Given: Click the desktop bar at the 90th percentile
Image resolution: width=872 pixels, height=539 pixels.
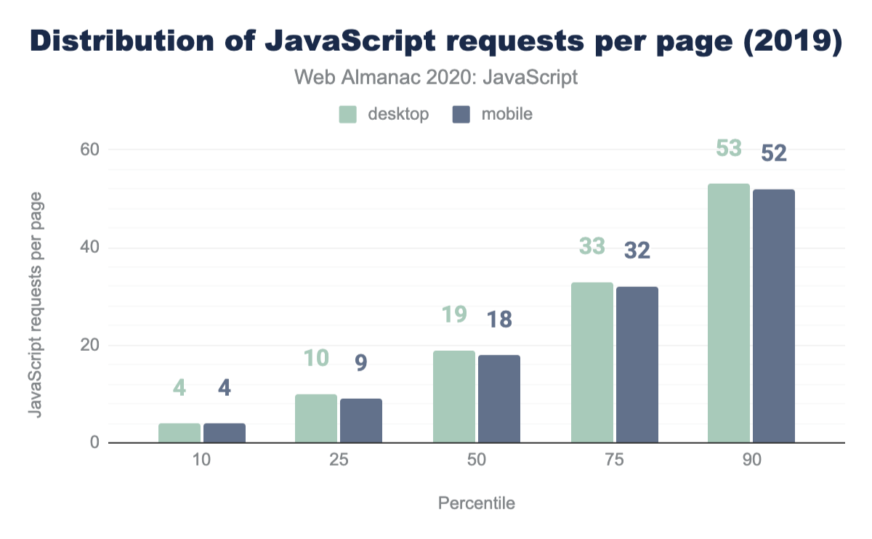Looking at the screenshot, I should (x=729, y=313).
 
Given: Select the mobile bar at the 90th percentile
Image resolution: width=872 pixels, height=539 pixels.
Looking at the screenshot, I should (x=774, y=316).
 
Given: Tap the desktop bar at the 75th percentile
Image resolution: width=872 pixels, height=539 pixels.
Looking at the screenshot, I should (x=592, y=362).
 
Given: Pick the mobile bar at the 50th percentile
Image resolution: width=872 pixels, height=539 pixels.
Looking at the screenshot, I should (x=499, y=399).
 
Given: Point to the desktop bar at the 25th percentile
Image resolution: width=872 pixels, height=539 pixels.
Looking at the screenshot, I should (x=316, y=418).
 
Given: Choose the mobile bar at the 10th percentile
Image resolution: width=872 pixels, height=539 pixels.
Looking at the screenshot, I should (x=225, y=433).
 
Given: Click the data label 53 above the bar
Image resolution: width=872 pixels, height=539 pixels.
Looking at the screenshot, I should (x=728, y=148).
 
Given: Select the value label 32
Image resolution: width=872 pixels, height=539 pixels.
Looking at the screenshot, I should (x=637, y=251).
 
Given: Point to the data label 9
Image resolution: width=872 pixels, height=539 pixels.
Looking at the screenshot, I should (x=361, y=362).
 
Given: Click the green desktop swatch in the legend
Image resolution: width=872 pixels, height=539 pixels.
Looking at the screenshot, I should (x=348, y=114).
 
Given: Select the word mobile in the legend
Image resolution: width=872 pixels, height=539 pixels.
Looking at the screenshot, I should (x=506, y=114).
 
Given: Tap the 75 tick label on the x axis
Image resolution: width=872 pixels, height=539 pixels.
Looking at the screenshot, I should (x=614, y=462).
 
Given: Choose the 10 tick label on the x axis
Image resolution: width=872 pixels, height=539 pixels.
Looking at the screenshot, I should (x=202, y=462).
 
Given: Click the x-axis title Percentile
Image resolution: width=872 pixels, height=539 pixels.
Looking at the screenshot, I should (x=477, y=503).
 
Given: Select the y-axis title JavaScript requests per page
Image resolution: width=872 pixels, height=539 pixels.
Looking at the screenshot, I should (x=34, y=304).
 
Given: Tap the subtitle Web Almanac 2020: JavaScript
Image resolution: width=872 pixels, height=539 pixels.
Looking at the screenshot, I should (x=436, y=77).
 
